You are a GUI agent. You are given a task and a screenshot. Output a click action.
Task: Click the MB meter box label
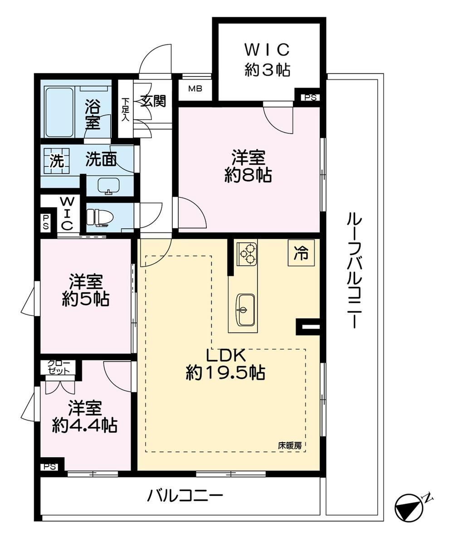click(195, 89)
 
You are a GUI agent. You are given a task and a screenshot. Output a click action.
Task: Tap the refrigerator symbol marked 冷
click(301, 253)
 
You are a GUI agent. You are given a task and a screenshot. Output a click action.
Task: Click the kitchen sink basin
click(245, 309)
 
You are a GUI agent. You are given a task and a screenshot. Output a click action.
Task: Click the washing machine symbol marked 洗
click(56, 161)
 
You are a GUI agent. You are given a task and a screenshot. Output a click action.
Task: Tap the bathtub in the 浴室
click(59, 112)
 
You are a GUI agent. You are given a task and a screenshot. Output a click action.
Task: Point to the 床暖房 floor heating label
click(290, 445)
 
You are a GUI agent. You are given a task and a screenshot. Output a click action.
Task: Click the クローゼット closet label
click(58, 367)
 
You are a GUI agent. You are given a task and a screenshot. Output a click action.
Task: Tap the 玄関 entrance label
click(154, 101)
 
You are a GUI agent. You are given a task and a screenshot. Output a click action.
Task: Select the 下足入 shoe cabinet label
click(125, 109)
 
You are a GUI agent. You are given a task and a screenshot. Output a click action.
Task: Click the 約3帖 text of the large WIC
click(267, 70)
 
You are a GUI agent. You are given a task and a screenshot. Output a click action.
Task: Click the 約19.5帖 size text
click(225, 373)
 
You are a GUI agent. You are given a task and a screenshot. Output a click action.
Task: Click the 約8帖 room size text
click(248, 175)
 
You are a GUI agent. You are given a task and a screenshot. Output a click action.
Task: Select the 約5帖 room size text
click(86, 299)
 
